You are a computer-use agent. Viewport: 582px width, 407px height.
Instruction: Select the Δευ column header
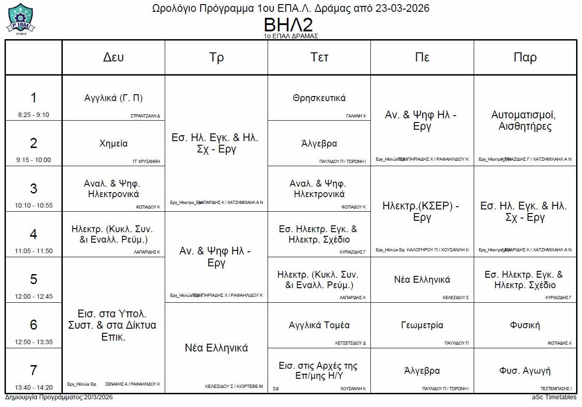pos(113,57)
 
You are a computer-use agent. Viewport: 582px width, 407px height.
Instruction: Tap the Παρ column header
pos(525,57)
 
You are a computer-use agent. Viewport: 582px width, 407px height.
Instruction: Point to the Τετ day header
pos(319,57)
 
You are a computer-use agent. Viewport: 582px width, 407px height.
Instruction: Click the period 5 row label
pos(34,279)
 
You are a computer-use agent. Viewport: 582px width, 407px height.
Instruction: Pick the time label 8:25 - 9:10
pos(34,115)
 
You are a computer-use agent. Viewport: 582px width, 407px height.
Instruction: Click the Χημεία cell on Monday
pos(113,143)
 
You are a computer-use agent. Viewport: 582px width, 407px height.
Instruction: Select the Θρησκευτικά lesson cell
pos(319,98)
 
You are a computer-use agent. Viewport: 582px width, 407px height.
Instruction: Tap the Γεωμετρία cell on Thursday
pos(422,325)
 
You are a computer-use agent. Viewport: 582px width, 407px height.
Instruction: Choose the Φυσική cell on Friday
pos(525,325)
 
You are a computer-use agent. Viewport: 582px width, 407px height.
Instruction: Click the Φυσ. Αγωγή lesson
pos(525,371)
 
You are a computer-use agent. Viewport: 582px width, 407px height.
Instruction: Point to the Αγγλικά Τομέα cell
pos(319,325)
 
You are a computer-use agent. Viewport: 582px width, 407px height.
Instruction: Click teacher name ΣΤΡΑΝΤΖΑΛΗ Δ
pos(145,116)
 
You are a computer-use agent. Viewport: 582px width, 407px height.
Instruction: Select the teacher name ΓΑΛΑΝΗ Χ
pos(356,116)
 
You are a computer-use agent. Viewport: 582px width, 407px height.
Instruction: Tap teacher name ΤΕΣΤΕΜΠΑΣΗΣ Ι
pos(556,389)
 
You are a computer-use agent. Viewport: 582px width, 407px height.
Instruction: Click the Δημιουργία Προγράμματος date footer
pos(59,397)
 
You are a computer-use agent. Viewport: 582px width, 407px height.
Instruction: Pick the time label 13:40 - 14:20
pos(34,388)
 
